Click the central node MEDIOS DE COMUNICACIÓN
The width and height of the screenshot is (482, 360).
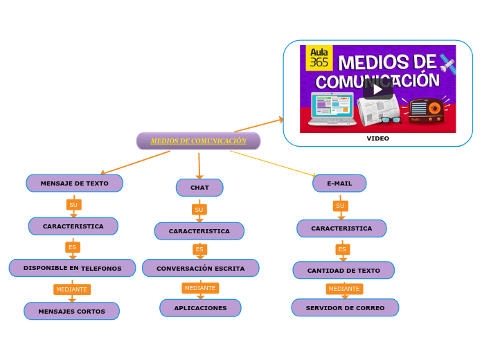tap(198, 141)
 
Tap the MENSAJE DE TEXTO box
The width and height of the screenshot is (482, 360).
tap(74, 183)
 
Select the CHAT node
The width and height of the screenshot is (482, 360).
tap(199, 188)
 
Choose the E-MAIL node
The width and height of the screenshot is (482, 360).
tap(339, 183)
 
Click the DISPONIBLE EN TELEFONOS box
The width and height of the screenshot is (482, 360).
tap(72, 268)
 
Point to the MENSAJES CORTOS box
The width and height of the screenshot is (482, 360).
tap(71, 312)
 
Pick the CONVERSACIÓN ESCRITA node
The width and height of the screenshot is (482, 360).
tap(200, 268)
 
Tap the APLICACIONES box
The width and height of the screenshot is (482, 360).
tap(200, 308)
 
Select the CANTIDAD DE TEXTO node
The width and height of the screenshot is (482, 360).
tap(343, 271)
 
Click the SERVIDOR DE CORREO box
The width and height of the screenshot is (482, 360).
tap(345, 308)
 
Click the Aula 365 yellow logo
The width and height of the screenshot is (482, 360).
tap(319, 57)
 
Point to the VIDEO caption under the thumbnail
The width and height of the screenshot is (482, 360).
tap(377, 138)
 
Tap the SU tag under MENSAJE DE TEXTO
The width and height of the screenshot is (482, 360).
tap(73, 205)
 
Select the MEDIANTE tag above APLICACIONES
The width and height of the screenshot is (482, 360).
tap(200, 288)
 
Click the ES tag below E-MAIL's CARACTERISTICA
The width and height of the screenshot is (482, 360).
tap(341, 249)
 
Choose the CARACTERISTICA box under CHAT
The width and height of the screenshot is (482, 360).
tap(199, 231)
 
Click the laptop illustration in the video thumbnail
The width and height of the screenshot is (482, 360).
tap(332, 109)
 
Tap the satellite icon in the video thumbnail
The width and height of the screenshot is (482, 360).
tap(447, 66)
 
